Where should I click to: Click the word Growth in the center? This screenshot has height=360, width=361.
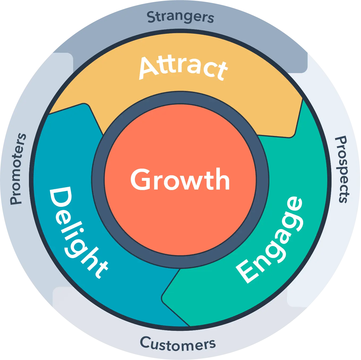click(x=180, y=180)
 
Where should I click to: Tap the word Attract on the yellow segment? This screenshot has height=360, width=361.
click(x=183, y=68)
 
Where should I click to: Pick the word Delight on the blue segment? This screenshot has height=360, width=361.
click(x=77, y=232)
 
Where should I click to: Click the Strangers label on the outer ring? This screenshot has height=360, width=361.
click(x=180, y=17)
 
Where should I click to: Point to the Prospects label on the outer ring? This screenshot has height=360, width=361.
click(x=342, y=170)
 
